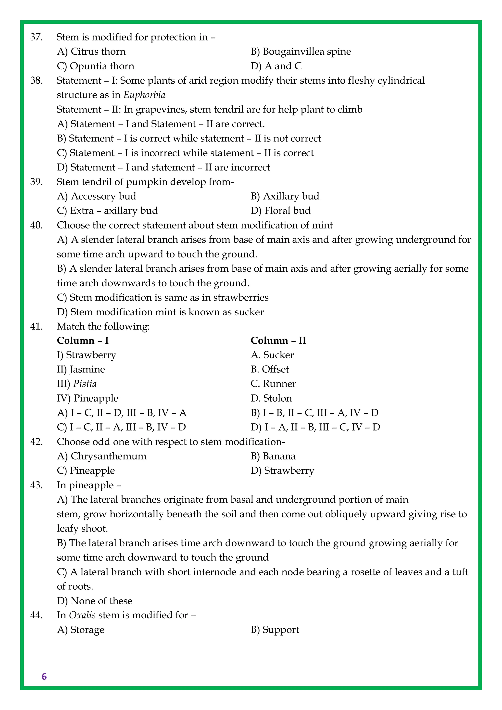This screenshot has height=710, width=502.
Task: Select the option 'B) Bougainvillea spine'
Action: (x=301, y=52)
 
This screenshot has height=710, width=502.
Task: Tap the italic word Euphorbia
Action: (x=144, y=95)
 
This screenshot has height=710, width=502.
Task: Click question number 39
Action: (x=36, y=182)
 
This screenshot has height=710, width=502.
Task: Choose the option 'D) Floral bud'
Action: (x=280, y=211)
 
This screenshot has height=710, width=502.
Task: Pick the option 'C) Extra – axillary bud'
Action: (x=107, y=211)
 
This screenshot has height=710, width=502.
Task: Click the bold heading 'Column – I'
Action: (x=83, y=341)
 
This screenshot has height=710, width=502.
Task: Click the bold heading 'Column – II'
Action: (x=278, y=341)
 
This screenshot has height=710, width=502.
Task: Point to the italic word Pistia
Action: (x=85, y=384)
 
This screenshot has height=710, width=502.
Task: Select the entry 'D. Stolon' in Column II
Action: (x=271, y=398)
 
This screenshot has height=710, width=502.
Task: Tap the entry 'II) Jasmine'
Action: (x=81, y=369)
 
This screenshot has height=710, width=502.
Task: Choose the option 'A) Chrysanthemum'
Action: (x=102, y=456)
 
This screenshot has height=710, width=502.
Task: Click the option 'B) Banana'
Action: (x=273, y=456)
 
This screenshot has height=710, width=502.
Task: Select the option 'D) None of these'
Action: (x=95, y=601)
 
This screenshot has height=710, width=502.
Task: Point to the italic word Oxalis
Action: (x=82, y=615)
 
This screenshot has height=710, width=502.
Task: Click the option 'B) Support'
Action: (x=275, y=630)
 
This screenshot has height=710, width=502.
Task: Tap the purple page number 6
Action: (x=44, y=677)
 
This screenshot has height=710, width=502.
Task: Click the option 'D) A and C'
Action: (x=276, y=66)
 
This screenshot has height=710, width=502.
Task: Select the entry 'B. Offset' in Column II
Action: (x=270, y=369)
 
